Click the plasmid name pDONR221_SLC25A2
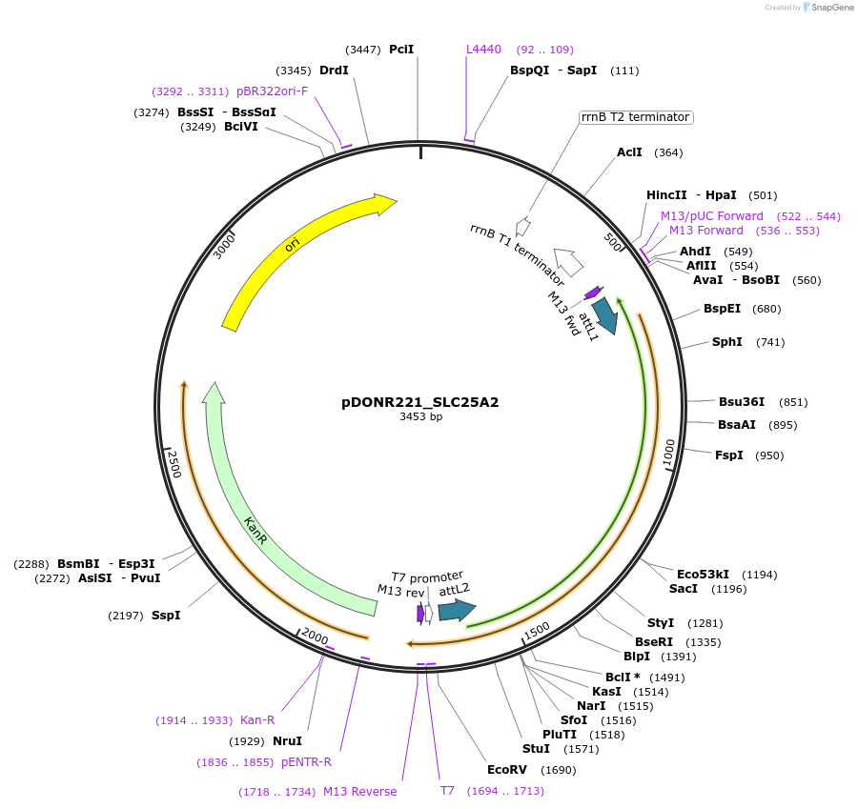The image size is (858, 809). [x=419, y=402]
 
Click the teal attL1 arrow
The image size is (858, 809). [x=604, y=314]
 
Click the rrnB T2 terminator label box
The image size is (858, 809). [x=636, y=117]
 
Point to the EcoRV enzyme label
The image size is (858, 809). [x=506, y=769]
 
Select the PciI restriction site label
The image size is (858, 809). [x=401, y=50]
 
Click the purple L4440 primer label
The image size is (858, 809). [x=483, y=50]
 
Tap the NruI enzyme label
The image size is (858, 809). [x=287, y=740]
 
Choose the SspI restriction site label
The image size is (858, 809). [x=166, y=616]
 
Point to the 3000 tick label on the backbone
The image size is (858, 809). [x=224, y=247]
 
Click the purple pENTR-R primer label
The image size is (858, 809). [x=306, y=762]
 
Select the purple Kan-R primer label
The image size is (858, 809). [x=257, y=720]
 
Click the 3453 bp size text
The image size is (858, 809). [x=420, y=417]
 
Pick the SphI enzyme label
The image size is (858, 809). [x=726, y=342]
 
